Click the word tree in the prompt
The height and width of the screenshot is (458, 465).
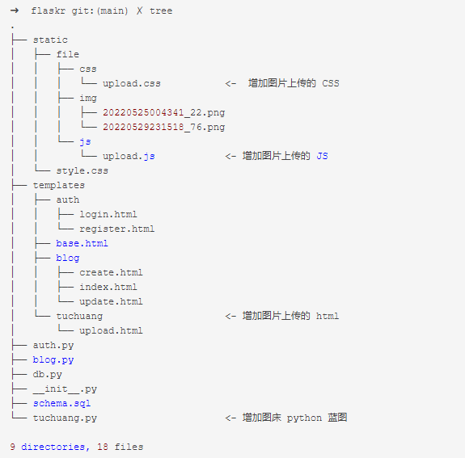click(161, 11)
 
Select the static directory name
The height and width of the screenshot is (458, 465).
click(50, 40)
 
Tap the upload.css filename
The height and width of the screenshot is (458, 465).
click(132, 84)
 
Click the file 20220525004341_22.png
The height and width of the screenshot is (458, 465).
click(163, 113)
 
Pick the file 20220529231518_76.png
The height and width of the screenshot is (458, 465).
click(163, 128)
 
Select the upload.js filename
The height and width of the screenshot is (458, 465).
click(129, 157)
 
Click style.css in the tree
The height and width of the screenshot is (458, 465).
click(82, 171)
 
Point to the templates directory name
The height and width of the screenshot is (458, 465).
click(59, 186)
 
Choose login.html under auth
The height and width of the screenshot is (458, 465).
click(108, 215)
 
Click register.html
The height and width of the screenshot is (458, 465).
click(116, 229)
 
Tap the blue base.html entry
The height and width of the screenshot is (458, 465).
click(82, 243)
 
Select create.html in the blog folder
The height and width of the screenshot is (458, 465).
click(111, 272)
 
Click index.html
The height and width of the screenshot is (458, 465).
click(108, 287)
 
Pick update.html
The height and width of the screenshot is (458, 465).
click(111, 301)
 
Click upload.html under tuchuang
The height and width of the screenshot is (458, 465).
click(111, 330)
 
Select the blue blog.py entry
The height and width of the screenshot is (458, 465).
click(53, 360)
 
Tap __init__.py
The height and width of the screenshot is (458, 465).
click(65, 389)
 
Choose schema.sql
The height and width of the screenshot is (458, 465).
click(61, 404)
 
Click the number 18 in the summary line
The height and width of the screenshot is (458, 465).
click(103, 447)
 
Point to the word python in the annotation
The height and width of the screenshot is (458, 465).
click(304, 418)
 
